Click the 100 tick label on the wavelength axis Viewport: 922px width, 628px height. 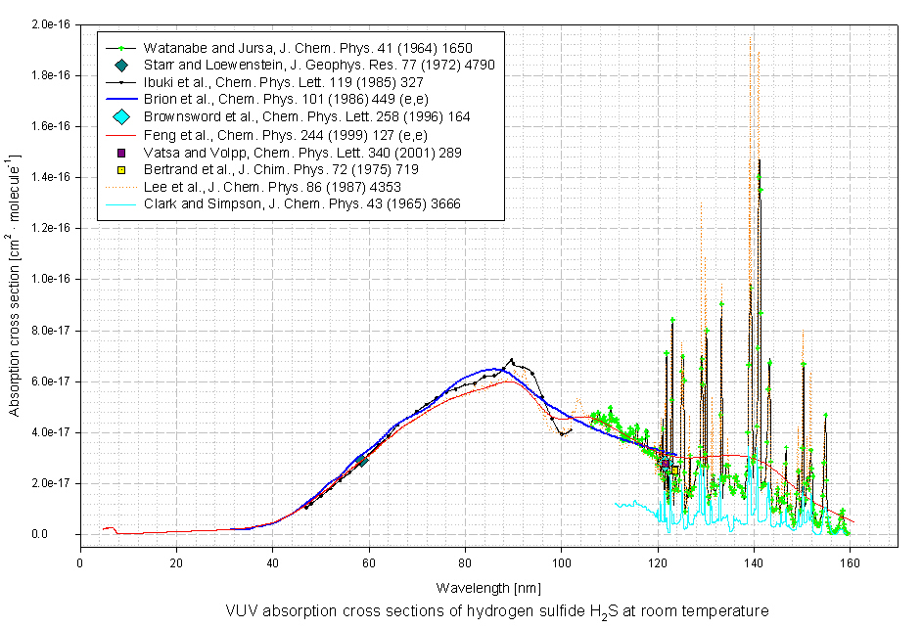click(x=561, y=562)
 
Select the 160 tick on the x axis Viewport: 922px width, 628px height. click(x=850, y=562)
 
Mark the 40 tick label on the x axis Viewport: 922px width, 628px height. click(x=272, y=562)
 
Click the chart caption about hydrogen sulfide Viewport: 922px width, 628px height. click(x=497, y=610)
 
